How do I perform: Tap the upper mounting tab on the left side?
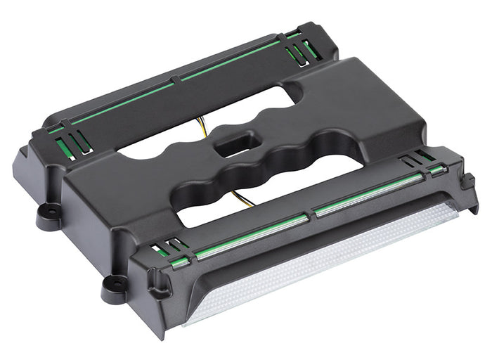click(48, 210)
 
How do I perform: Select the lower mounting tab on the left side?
click(112, 284)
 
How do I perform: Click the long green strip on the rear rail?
click(183, 77)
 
